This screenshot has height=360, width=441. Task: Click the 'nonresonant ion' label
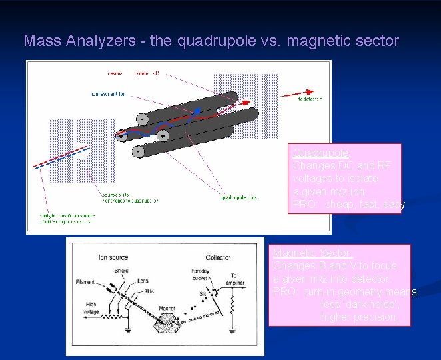coord(107,94)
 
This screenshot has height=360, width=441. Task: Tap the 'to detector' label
coord(309,99)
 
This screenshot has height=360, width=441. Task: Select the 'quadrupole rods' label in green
coord(238,197)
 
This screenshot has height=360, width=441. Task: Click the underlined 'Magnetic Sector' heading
coord(312,253)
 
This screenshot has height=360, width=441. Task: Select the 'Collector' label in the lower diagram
coord(219,257)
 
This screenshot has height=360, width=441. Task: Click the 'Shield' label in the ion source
coord(122,270)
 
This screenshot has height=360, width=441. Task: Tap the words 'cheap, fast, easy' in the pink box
coord(362,205)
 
